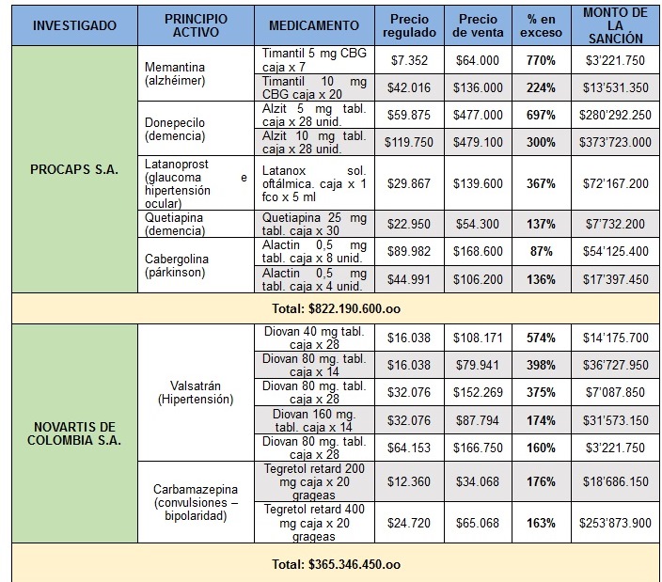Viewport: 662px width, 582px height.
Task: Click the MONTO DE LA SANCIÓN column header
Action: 614,25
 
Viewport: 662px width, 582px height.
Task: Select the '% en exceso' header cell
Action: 541,25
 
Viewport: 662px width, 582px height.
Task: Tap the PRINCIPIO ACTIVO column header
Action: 196,25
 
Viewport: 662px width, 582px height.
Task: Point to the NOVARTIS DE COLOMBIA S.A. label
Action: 75,433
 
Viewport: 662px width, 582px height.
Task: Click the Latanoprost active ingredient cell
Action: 196,182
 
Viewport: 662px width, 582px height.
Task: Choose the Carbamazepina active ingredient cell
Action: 196,501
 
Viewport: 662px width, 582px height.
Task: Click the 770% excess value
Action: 541,60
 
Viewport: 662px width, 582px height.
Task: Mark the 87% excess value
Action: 541,251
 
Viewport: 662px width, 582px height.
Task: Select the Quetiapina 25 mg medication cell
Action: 314,224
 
